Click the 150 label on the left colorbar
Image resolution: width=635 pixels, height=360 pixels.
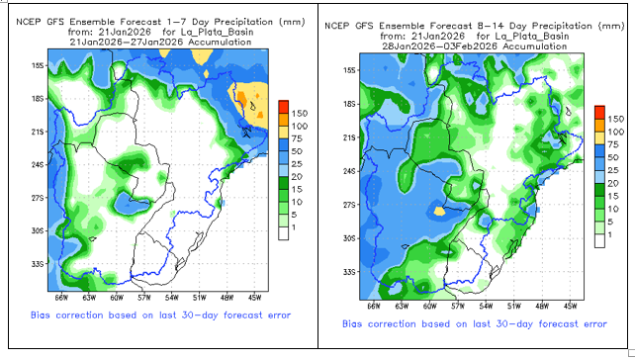tap(300, 114)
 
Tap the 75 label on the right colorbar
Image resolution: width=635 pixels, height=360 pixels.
tap(612, 144)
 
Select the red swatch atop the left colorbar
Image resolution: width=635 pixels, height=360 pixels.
tap(284, 107)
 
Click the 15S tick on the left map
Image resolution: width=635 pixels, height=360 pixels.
tap(38, 65)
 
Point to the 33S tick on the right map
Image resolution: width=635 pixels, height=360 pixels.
tap(349, 272)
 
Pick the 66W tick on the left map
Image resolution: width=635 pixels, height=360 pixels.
tap(61, 298)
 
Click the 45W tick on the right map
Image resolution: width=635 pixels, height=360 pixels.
tap(570, 307)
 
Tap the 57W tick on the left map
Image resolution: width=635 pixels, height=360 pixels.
tap(144, 298)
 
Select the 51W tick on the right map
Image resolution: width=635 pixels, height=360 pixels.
tap(514, 307)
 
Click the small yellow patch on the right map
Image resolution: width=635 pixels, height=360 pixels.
tap(439, 211)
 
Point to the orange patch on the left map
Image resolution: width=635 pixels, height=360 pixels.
tap(241, 99)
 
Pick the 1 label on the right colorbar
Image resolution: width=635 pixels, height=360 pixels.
tap(609, 234)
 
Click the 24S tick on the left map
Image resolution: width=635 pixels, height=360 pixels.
tap(38, 165)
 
